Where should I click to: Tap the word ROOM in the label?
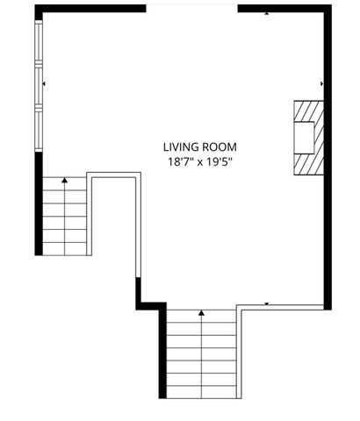pyautogui.click(x=220, y=147)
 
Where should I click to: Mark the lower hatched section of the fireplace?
pyautogui.click(x=308, y=164)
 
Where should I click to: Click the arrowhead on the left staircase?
pyautogui.click(x=64, y=181)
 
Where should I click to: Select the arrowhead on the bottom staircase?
pyautogui.click(x=201, y=312)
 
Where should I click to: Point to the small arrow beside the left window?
pyautogui.click(x=44, y=84)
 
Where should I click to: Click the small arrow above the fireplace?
pyautogui.click(x=323, y=84)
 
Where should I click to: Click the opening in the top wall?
pyautogui.click(x=191, y=7)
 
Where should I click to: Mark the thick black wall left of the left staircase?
pyautogui.click(x=37, y=206)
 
